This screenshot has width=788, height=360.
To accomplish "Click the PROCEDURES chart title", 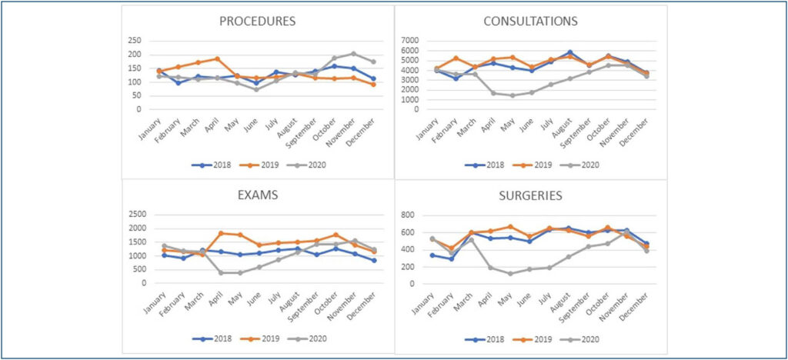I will (x=257, y=21).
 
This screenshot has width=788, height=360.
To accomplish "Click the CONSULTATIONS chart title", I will (x=531, y=21).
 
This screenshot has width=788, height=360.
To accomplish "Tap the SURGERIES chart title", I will (x=531, y=196).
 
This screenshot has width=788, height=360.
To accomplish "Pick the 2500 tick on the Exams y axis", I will (x=138, y=215).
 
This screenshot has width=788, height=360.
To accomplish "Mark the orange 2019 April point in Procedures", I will (x=217, y=58).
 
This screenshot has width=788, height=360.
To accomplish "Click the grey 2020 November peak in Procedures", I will (x=354, y=54).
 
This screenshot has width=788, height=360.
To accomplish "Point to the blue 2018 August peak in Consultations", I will (x=570, y=52).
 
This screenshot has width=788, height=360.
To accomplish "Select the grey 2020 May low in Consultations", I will (x=512, y=95).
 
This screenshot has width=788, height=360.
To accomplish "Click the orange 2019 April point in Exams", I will (x=222, y=233).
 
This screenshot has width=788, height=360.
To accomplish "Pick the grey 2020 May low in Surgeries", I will (x=509, y=273).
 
